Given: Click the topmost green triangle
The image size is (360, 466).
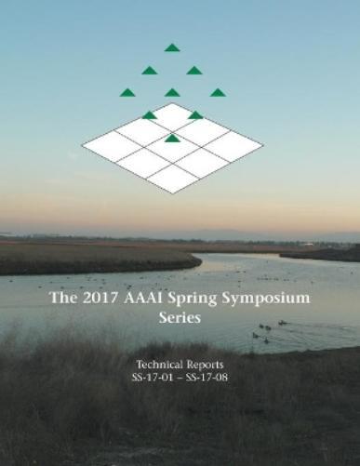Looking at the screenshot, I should coord(172,47).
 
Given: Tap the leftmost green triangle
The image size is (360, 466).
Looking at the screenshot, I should coord(127,92).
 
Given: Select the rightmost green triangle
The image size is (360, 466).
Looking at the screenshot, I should coord(217,92).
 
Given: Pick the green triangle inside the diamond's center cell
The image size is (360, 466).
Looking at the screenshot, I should coord(172,139).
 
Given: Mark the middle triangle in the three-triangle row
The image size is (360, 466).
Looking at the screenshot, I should coord(172,92).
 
